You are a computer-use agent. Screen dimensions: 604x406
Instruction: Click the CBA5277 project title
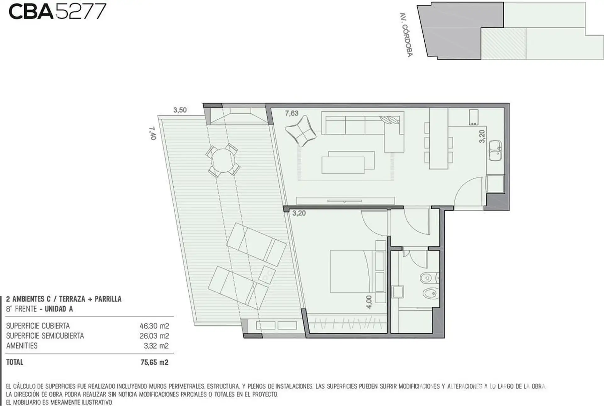click(57, 12)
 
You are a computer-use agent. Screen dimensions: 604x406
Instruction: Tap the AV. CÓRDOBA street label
click(406, 35)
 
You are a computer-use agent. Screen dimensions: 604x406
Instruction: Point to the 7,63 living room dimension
click(292, 113)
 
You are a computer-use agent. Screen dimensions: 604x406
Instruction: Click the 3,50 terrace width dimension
click(180, 110)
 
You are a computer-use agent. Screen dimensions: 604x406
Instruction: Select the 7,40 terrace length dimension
click(152, 133)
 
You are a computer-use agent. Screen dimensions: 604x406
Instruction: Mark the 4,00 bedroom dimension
click(369, 302)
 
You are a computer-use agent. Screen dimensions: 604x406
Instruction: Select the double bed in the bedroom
click(352, 272)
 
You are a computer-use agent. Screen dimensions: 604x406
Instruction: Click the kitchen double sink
click(495, 151)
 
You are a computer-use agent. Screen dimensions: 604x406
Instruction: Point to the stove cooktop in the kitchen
click(474, 117)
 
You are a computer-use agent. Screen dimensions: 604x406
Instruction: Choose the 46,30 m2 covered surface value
click(154, 326)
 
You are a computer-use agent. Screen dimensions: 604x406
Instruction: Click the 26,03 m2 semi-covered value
click(154, 336)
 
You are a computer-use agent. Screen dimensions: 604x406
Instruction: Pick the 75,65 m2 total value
click(154, 362)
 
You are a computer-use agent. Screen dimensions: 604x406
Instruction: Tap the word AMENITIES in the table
click(22, 346)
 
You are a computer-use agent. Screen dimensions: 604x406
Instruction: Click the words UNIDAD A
click(59, 309)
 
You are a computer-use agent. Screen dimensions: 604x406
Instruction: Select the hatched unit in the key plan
click(503, 43)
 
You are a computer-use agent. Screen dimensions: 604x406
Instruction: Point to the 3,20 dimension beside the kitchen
click(482, 136)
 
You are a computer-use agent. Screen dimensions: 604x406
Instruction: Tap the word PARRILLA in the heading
click(108, 299)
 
